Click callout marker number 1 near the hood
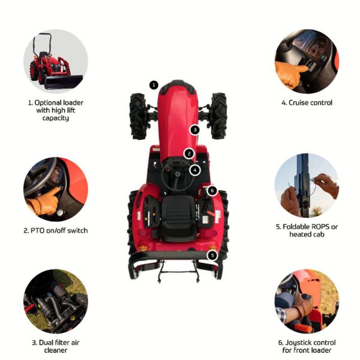[x=154, y=85]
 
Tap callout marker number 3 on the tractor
[x=195, y=130]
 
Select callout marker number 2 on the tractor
[x=189, y=154]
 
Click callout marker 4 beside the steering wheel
[x=195, y=170]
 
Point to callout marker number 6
[x=212, y=190]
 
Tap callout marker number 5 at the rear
[x=212, y=256]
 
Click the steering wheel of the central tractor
[x=177, y=175]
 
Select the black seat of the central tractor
[x=178, y=218]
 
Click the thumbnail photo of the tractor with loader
[x=56, y=61]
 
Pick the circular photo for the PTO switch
[x=56, y=189]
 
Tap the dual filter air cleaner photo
[x=56, y=301]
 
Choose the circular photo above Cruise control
[x=307, y=61]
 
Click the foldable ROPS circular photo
[x=307, y=185]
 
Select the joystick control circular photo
[x=307, y=301]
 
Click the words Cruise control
[x=307, y=103]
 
